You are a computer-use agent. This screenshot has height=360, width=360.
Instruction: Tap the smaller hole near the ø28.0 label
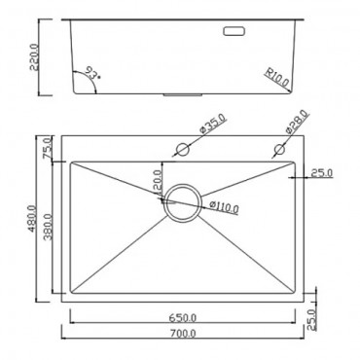point(279,150)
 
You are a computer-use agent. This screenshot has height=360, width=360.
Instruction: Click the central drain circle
point(182,205)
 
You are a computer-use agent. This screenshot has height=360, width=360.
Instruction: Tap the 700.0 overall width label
point(181,335)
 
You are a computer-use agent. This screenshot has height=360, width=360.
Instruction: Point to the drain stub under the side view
point(181,95)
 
